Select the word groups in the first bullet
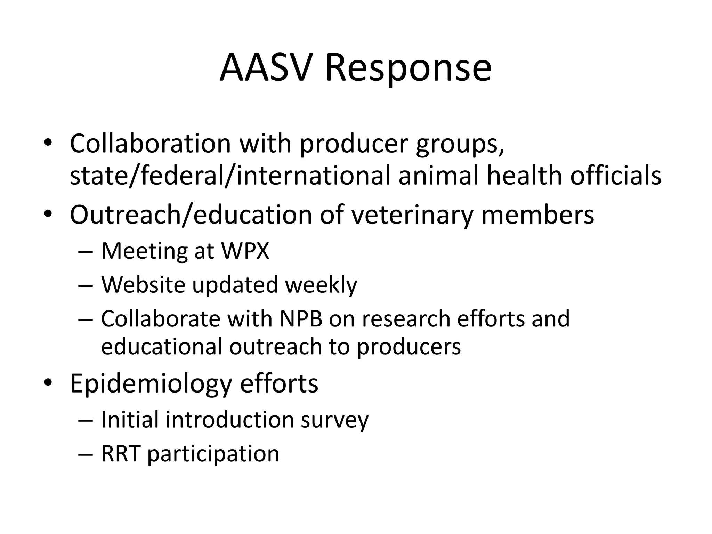coord(460,144)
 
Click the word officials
coord(615,175)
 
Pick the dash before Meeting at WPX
coord(86,251)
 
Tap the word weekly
coord(321,284)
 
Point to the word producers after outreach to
coord(409,347)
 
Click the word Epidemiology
coord(151,383)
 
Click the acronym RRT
coord(121,454)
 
